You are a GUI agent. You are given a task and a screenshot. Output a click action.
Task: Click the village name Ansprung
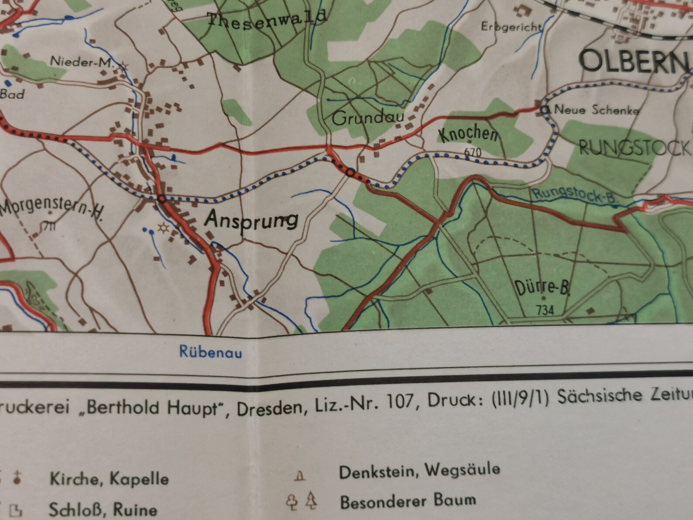coord(252,220)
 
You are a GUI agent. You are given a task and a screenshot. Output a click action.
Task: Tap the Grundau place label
coord(368,118)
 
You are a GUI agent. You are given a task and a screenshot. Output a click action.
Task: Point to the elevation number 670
coord(473,152)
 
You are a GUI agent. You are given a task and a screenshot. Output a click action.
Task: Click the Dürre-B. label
coord(542,289)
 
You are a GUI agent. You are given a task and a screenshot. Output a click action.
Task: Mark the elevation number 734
coord(545,310)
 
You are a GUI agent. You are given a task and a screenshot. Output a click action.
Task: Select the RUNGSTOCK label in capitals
coord(635,148)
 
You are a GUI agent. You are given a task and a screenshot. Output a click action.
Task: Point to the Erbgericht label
coord(511,27)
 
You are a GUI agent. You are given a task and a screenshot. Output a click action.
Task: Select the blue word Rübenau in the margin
coord(210,352)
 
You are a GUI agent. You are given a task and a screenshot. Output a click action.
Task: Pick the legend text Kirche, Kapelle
coord(109,479)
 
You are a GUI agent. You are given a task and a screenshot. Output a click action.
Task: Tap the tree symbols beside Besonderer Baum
coord(301,501)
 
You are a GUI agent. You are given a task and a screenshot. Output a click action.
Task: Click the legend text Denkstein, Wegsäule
coord(419,471)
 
